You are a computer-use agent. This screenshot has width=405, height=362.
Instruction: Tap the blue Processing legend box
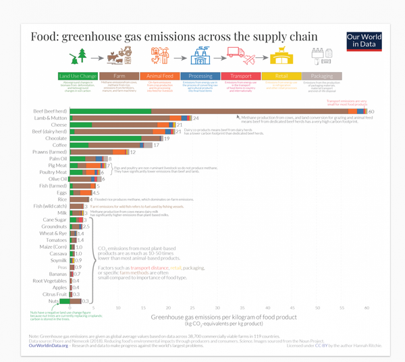(200, 76)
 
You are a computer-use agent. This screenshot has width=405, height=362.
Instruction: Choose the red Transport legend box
(240, 76)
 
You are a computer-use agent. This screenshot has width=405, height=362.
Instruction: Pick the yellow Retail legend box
(279, 76)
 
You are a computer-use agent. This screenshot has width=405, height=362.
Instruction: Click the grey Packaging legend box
(319, 76)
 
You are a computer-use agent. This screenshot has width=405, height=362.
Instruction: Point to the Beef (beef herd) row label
(50, 111)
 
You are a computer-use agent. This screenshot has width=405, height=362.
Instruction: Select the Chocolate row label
(55, 138)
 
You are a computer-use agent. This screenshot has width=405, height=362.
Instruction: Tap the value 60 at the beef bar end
(371, 111)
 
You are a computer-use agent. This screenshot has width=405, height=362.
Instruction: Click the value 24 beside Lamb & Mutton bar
(196, 118)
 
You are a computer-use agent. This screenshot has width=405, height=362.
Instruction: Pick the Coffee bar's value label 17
(156, 145)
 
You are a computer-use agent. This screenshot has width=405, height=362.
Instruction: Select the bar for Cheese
(122, 125)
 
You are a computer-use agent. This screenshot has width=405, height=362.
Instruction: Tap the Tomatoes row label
(55, 240)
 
